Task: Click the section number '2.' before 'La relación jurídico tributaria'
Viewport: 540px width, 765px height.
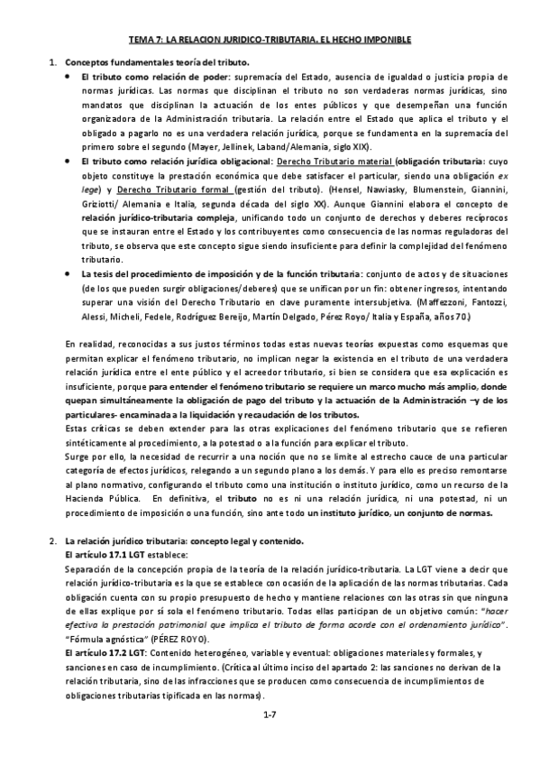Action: point(51,539)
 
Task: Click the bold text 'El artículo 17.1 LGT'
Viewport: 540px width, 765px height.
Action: point(105,555)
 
